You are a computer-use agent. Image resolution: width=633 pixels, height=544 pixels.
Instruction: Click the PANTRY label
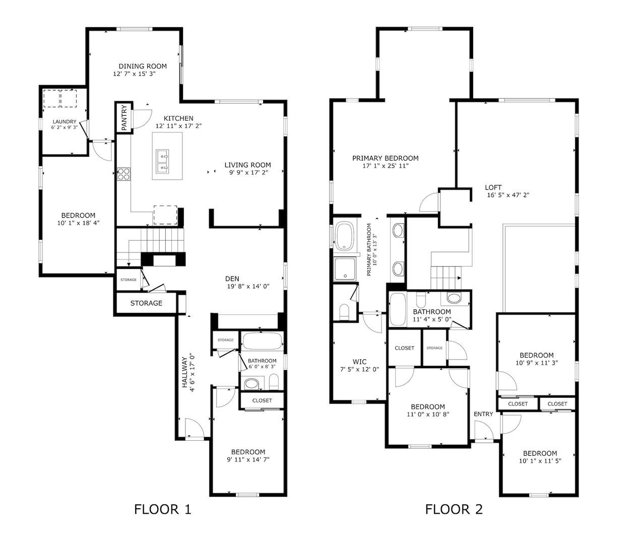[124, 117]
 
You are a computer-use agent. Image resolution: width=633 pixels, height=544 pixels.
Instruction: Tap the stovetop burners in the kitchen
[123, 174]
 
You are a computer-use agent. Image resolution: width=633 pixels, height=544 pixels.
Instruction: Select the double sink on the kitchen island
[162, 161]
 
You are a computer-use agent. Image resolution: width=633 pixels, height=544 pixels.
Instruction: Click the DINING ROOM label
[143, 66]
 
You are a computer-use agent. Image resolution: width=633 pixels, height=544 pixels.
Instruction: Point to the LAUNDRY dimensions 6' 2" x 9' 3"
[65, 127]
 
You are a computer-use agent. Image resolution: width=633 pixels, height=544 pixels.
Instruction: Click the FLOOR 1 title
[163, 509]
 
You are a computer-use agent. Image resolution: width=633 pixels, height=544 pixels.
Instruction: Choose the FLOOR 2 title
[454, 509]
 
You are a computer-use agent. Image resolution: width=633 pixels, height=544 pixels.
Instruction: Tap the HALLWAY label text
[184, 372]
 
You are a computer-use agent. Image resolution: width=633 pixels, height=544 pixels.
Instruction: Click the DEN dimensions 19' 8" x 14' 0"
[248, 287]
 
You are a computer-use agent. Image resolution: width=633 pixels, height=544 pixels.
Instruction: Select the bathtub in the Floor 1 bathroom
[262, 341]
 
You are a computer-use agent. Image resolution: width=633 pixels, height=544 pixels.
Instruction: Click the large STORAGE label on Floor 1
[146, 303]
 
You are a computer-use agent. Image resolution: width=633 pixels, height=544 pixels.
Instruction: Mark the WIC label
[359, 362]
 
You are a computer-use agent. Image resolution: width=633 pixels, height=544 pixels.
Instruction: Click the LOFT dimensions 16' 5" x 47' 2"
[509, 195]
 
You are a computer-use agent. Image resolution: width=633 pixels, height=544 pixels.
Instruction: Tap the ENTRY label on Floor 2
[483, 414]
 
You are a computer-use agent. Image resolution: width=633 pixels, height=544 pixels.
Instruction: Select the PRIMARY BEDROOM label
[385, 158]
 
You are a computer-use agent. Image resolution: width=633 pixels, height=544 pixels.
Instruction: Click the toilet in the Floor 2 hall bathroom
[421, 300]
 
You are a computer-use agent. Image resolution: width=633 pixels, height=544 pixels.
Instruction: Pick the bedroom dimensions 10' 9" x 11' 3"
[537, 363]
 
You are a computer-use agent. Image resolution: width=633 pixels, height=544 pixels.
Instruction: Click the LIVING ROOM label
[248, 165]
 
